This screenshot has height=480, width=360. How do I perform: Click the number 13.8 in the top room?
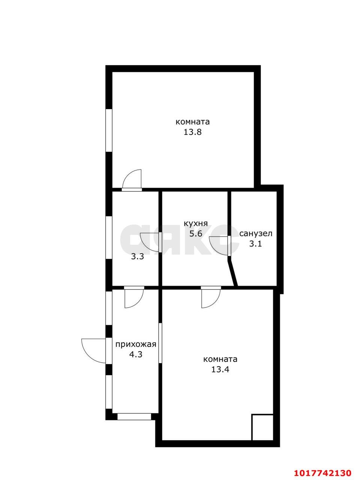(x=192, y=132)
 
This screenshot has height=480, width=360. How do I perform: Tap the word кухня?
(x=196, y=223)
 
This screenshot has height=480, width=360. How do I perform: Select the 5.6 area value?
(x=196, y=234)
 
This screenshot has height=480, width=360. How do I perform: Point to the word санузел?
(x=256, y=234)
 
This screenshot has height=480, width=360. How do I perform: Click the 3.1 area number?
(x=255, y=244)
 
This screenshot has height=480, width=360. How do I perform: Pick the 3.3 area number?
(x=138, y=256)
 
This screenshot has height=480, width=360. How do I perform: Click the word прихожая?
(x=136, y=345)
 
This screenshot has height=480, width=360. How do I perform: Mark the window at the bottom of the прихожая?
(x=134, y=417)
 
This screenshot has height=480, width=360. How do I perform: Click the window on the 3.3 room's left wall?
(x=109, y=238)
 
